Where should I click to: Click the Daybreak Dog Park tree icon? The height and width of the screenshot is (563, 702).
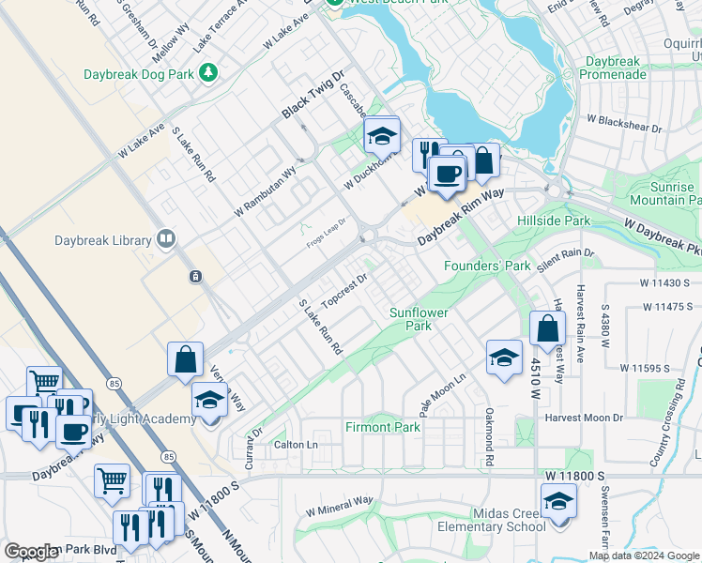tap(208, 71)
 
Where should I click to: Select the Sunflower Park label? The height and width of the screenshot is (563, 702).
tap(419, 319)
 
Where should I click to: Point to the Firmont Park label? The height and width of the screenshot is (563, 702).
tap(384, 427)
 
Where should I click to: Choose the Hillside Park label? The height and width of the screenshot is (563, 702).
tap(554, 221)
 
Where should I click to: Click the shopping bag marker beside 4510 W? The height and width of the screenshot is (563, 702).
tap(547, 329)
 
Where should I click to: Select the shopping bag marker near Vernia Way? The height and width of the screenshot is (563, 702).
tap(186, 359)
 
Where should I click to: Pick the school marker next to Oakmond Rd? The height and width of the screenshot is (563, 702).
tap(504, 358)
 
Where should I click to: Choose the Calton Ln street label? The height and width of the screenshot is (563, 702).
tap(296, 444)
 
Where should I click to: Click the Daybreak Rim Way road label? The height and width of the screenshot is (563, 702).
tap(461, 215)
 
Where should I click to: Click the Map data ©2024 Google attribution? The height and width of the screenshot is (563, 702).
tap(644, 555)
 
